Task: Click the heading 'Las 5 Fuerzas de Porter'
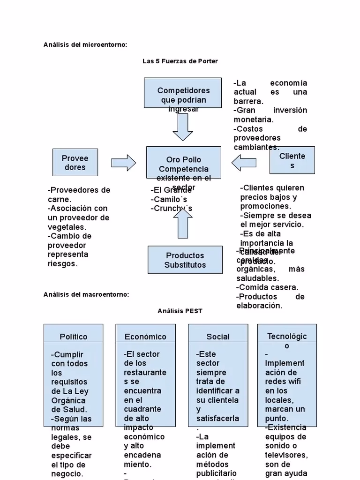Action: click(180, 61)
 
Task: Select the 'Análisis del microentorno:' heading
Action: click(85, 45)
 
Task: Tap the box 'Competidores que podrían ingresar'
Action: click(183, 93)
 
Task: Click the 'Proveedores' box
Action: click(75, 162)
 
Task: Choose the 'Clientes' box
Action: click(292, 160)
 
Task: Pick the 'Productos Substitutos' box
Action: click(185, 260)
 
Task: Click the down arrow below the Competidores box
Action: click(183, 127)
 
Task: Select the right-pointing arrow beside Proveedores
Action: click(123, 163)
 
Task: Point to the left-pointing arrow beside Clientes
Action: click(244, 163)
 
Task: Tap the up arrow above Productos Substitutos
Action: click(183, 223)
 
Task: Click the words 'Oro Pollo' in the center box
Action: click(183, 159)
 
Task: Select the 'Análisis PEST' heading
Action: click(180, 311)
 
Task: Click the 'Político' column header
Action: click(74, 337)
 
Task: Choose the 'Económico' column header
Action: click(145, 337)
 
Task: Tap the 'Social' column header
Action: click(218, 337)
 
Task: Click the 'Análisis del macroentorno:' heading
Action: click(86, 294)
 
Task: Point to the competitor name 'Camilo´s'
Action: click(169, 199)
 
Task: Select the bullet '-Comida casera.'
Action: click(267, 287)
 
